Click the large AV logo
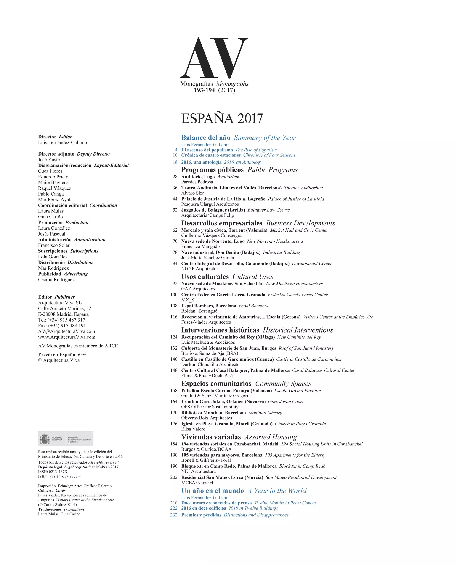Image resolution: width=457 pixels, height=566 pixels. [x=214, y=58]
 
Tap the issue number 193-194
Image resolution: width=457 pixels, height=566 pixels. [x=204, y=90]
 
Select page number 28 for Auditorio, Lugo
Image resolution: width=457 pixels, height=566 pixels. [x=175, y=177]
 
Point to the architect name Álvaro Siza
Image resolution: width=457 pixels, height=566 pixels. [x=193, y=193]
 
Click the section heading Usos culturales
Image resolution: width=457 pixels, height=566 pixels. [x=205, y=277]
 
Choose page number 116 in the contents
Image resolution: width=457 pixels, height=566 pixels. [x=174, y=317]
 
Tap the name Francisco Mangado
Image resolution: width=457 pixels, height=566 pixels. [x=200, y=247]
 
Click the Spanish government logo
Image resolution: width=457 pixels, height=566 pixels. [x=66, y=438]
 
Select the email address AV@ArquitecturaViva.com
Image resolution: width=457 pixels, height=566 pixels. [x=66, y=332]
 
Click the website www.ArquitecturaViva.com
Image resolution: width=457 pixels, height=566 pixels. [x=66, y=337]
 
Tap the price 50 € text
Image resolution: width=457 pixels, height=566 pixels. [x=81, y=355]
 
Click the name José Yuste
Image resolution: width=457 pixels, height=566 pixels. [x=49, y=160]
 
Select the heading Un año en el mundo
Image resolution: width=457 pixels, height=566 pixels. [x=213, y=491]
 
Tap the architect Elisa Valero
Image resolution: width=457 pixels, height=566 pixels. [x=193, y=429]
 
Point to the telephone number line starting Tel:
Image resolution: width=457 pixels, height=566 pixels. [x=62, y=320]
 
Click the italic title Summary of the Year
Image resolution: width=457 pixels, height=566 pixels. [x=265, y=138]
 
